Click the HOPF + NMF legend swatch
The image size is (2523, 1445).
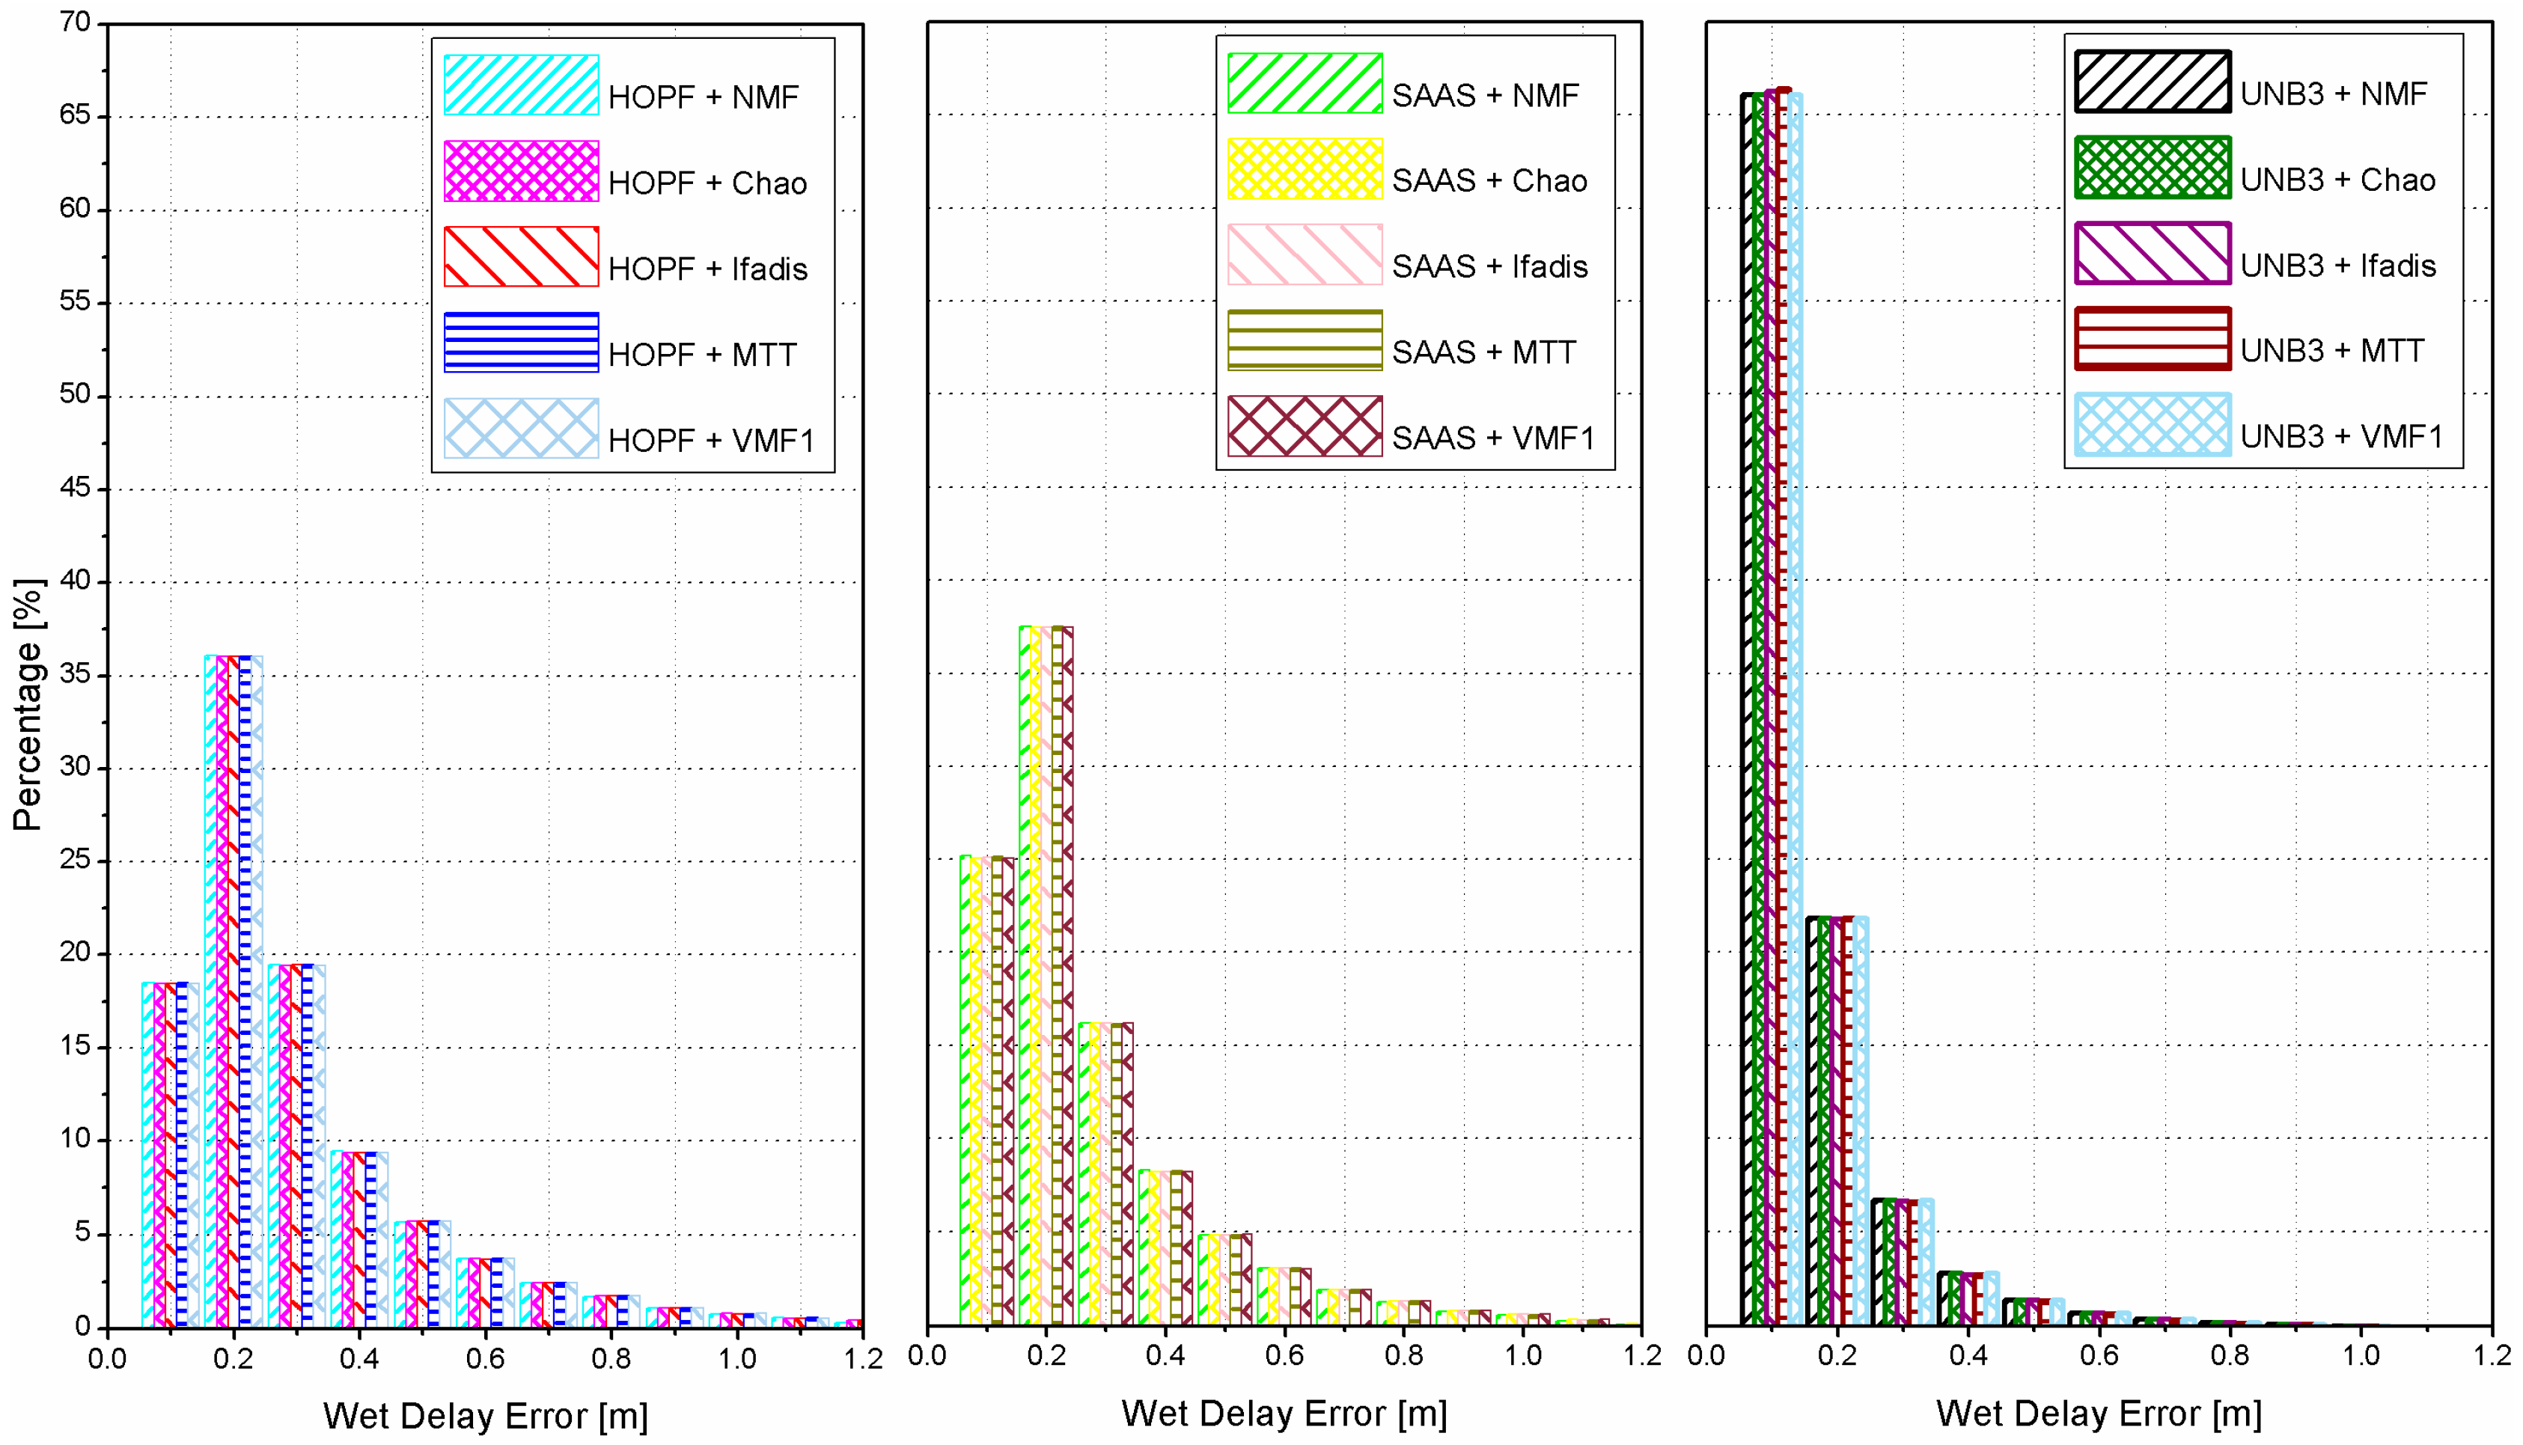521,85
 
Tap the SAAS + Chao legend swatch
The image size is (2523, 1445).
1305,168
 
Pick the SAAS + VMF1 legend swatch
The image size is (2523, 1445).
1305,427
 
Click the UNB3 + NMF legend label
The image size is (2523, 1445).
2332,94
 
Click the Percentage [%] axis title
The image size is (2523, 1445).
28,705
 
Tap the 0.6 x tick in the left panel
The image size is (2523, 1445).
485,1359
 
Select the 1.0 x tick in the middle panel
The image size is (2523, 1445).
1522,1357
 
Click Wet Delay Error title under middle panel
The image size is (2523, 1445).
1284,1414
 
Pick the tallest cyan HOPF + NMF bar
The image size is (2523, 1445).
210,992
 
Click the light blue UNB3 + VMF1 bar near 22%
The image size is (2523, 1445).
1860,1122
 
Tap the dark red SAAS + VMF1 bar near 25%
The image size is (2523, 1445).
1008,1092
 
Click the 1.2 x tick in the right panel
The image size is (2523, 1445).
2492,1357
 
